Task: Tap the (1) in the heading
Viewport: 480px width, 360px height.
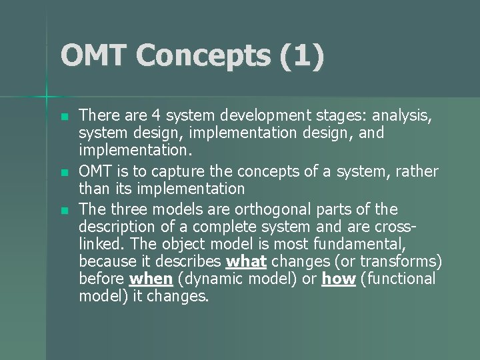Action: [x=302, y=55]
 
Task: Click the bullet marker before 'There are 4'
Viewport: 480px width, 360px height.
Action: [x=63, y=116]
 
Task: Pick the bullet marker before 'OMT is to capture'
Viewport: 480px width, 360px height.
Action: [x=63, y=172]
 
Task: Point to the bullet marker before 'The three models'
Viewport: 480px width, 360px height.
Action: [x=63, y=210]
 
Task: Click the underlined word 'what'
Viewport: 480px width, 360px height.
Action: [x=247, y=261]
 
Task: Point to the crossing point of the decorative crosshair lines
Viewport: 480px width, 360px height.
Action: [x=47, y=97]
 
